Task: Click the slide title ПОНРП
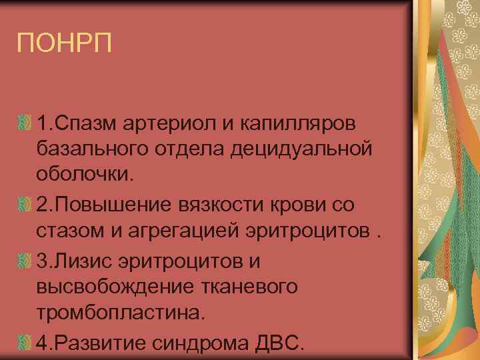point(65,43)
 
